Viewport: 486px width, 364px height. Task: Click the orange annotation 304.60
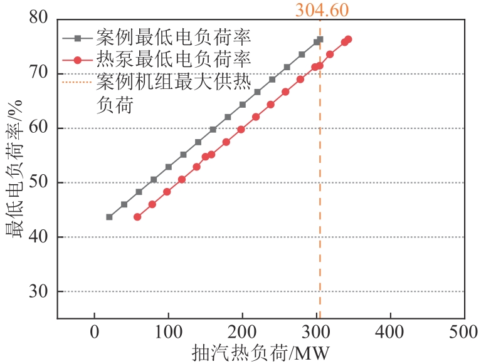322,9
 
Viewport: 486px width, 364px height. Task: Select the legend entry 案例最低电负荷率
174,38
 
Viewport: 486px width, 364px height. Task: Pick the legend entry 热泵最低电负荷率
174,60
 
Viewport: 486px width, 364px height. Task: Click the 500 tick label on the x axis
465,330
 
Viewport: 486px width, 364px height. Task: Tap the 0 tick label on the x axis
95,330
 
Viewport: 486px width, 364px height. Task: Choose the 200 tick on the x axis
243,330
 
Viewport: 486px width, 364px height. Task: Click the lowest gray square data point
110,217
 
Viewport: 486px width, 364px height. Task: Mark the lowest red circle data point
137,217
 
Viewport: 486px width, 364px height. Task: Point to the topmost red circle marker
348,39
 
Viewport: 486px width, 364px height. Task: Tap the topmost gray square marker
320,39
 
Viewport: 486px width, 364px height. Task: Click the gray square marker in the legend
78,38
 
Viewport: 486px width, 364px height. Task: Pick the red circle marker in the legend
78,60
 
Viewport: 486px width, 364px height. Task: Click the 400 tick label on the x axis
391,330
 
